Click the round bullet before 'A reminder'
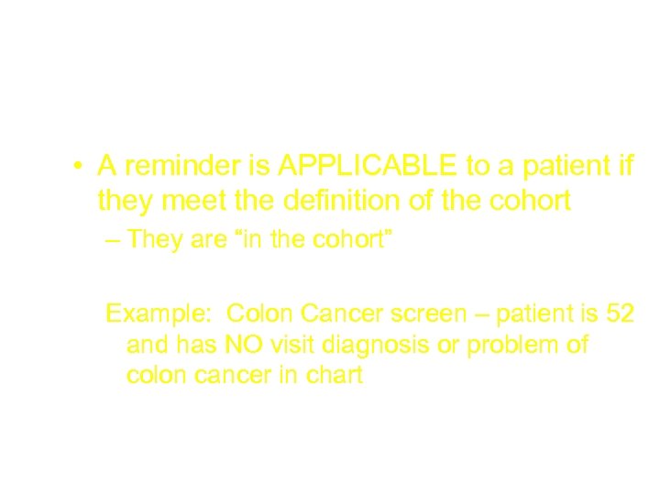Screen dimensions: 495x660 click(x=81, y=167)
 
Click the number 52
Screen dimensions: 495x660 click(x=619, y=313)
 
